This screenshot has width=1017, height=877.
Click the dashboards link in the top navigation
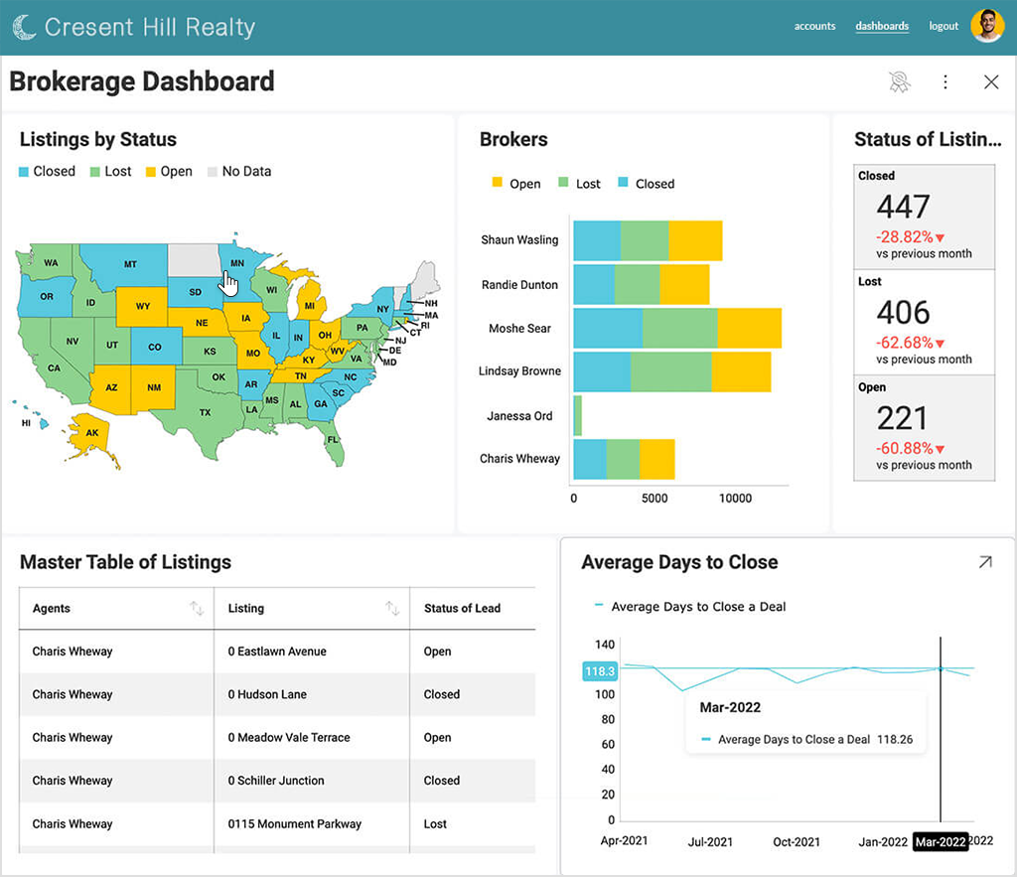tap(882, 26)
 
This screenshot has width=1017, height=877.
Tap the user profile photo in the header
tap(987, 26)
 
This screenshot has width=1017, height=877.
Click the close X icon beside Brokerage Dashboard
tap(991, 81)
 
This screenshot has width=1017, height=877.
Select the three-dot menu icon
tap(945, 81)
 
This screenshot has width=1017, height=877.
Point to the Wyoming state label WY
tap(143, 306)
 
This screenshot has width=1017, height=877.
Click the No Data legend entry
tap(239, 171)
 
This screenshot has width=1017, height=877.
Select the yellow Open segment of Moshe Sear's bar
tap(749, 328)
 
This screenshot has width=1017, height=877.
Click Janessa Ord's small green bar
tap(577, 416)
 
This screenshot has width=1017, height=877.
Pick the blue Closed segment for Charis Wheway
tap(590, 459)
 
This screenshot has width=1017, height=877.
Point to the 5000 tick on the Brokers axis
tap(654, 499)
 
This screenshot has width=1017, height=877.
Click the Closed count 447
tap(903, 207)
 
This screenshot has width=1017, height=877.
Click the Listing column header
tap(246, 609)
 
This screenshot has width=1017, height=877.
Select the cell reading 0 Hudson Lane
tap(267, 694)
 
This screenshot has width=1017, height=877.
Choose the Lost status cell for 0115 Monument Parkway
tap(435, 823)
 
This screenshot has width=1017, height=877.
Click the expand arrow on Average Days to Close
tap(985, 562)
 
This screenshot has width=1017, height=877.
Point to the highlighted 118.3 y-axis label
tap(599, 671)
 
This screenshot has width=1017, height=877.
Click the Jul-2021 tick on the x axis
tap(710, 842)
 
